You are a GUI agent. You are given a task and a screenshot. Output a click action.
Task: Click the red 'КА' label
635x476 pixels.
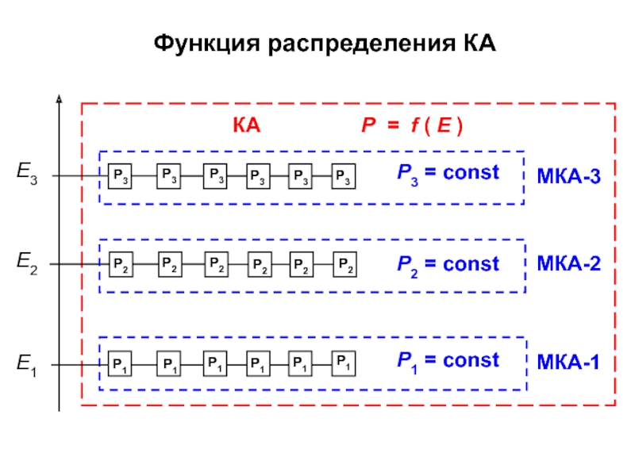tap(246, 127)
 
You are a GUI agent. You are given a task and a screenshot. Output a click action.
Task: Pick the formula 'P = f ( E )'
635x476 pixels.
tap(412, 127)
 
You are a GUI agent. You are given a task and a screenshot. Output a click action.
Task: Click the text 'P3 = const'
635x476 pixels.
tap(448, 173)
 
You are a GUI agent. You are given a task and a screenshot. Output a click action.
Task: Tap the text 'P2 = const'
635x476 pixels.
tap(448, 264)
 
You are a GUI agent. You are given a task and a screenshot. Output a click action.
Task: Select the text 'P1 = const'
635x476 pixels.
tap(448, 361)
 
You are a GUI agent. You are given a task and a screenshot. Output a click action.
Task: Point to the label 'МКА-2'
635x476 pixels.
tap(568, 264)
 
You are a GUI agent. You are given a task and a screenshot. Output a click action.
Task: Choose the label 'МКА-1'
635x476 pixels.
tap(568, 363)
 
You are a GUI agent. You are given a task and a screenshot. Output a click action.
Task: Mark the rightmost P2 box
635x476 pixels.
tap(343, 264)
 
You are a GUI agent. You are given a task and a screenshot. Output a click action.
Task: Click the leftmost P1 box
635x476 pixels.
tap(120, 364)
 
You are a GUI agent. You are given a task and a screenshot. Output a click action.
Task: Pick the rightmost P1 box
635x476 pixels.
tap(343, 363)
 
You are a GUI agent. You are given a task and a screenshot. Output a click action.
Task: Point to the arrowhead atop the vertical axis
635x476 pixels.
tap(60, 99)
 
